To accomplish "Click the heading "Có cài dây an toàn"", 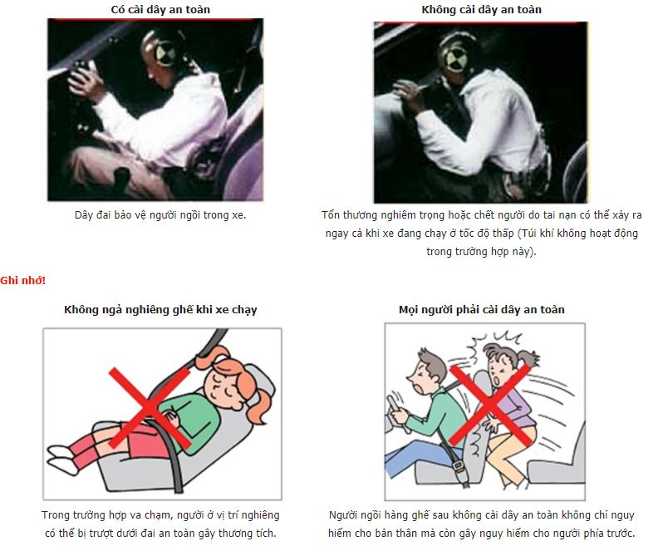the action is pos(160,10).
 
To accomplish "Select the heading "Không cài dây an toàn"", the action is pos(481,10).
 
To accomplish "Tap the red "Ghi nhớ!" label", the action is pos(22,280).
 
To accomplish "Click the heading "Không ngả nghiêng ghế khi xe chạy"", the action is pos(160,310).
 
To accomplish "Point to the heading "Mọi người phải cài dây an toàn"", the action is pos(481,310).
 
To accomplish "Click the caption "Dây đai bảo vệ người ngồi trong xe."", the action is pos(160,215).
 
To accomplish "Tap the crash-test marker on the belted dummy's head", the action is pos(164,54).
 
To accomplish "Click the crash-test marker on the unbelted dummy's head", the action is pos(455,57).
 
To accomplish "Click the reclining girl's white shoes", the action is pos(62,458).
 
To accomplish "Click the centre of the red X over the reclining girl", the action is pos(150,407).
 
